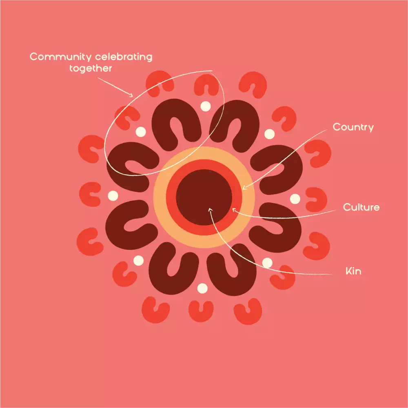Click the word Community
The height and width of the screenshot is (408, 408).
pyautogui.click(x=61, y=57)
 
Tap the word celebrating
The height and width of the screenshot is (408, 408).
pyautogui.click(x=124, y=56)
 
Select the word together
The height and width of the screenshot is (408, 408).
pyautogui.click(x=91, y=69)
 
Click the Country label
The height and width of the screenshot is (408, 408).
pyautogui.click(x=353, y=127)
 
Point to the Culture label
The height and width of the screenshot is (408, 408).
pyautogui.click(x=361, y=207)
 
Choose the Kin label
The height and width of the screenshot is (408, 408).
pyautogui.click(x=353, y=271)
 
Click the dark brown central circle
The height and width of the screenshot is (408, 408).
pyautogui.click(x=204, y=197)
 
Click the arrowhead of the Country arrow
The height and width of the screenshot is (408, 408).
pyautogui.click(x=244, y=188)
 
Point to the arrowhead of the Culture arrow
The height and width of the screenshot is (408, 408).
pyautogui.click(x=234, y=209)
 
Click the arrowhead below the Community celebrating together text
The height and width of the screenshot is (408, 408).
pyautogui.click(x=131, y=95)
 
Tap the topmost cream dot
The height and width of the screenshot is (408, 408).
pyautogui.click(x=206, y=106)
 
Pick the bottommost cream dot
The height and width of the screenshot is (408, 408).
pyautogui.click(x=202, y=288)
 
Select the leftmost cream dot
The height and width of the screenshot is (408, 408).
pyautogui.click(x=113, y=196)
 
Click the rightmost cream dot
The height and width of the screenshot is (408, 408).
pyautogui.click(x=295, y=199)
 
